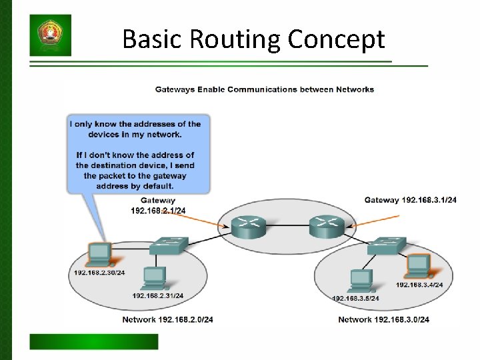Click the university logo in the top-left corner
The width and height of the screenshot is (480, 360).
pos(50,35)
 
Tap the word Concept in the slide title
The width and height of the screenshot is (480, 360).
pos(337,39)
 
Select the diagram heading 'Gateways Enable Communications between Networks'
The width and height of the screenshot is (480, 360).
pos(265,89)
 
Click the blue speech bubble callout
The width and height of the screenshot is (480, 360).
pos(138,153)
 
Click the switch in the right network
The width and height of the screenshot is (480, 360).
pos(386,246)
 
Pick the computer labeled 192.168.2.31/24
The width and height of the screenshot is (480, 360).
pos(154,277)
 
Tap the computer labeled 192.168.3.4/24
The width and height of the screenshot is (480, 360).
pos(419,267)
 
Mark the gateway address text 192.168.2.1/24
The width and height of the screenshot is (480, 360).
pos(158,211)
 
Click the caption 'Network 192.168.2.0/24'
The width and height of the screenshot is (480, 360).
pos(167,320)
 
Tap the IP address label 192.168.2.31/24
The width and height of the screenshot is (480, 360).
pos(158,295)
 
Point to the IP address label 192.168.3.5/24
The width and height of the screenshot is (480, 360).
pos(355,298)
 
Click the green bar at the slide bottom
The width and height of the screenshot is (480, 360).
pos(94,341)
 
